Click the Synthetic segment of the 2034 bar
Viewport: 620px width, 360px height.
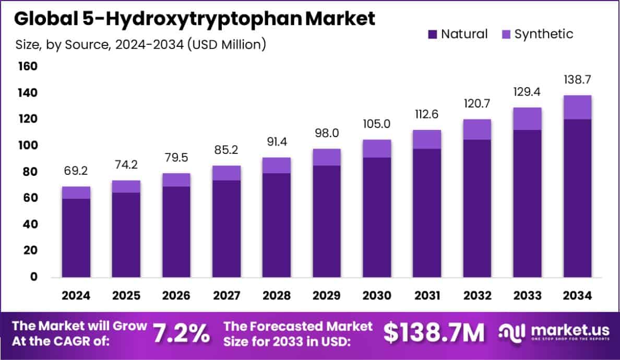tap(577, 107)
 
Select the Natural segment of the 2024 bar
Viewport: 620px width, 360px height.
tap(76, 237)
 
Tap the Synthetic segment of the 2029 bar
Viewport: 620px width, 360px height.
tap(327, 157)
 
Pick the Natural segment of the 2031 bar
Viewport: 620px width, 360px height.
tap(427, 213)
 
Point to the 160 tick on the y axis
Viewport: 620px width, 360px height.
tap(28, 66)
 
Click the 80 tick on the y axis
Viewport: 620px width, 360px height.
tap(30, 172)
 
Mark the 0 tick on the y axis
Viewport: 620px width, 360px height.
tap(33, 277)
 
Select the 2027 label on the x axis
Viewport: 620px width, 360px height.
tap(226, 296)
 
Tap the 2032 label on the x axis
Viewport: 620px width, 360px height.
tap(477, 296)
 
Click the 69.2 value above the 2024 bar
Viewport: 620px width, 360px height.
tap(76, 171)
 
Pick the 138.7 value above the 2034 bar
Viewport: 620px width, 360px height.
tap(577, 80)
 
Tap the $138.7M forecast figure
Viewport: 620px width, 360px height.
tap(434, 333)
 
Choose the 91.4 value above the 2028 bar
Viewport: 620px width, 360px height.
tap(277, 142)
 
